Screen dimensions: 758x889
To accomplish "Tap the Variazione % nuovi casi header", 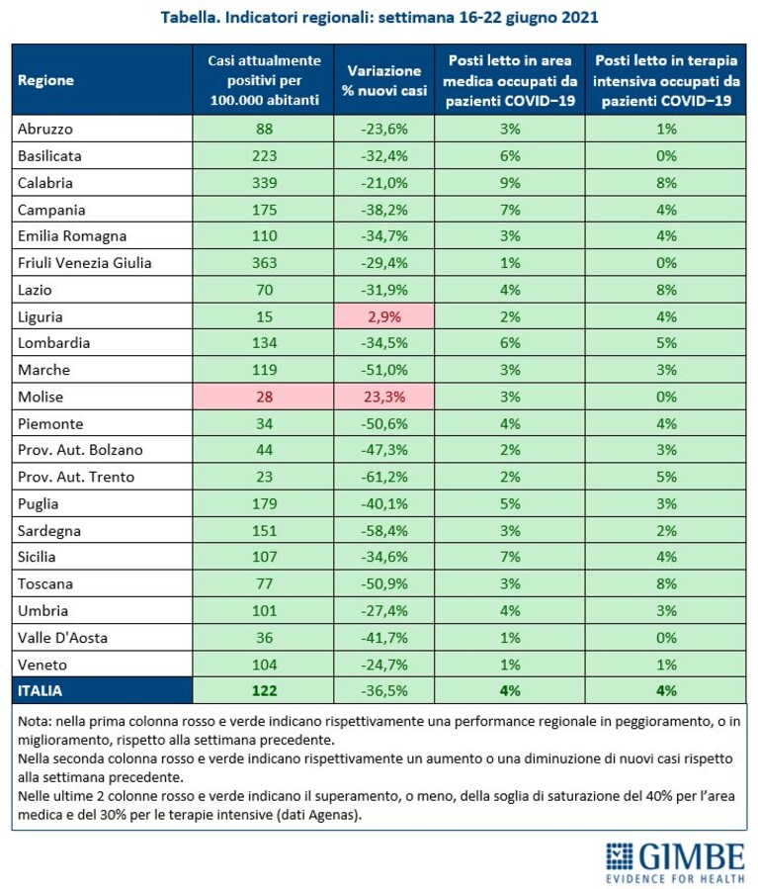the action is (384, 80).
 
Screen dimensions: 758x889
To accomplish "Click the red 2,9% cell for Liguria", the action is (384, 316).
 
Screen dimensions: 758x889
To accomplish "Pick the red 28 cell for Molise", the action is (264, 397).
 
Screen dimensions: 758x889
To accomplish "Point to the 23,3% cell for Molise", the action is (384, 397).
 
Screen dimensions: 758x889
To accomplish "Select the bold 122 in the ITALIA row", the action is (264, 690).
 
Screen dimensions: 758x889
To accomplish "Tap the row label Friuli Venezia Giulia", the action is (84, 263).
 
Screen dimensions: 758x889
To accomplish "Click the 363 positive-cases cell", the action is (264, 263).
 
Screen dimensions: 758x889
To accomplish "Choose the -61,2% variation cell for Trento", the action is (384, 477).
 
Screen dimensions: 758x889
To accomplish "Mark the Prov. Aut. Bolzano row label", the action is (80, 450).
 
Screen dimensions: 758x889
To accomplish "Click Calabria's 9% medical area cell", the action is (510, 183).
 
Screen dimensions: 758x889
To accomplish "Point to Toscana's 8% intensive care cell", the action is (666, 583).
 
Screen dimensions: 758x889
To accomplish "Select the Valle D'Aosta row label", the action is (62, 638).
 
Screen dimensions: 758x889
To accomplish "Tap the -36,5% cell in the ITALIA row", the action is (384, 690).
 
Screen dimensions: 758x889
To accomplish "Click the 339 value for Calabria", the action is (264, 183).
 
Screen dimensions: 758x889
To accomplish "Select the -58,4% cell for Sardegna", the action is (384, 531).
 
